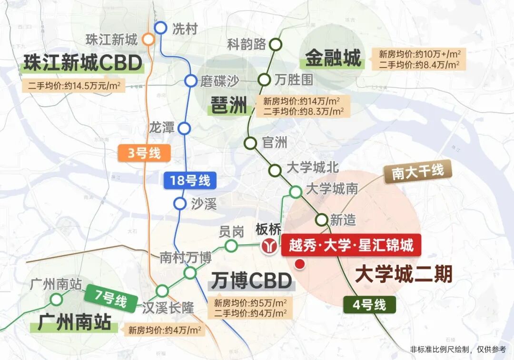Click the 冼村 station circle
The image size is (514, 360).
(160, 28)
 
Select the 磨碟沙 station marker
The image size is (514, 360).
(191, 81)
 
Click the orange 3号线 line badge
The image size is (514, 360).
(142, 154)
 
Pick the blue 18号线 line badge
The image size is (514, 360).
(190, 180)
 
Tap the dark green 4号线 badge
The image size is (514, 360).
(371, 304)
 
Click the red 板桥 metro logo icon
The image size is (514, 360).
(270, 246)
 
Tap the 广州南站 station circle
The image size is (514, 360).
(57, 300)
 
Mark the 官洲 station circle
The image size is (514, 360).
(250, 142)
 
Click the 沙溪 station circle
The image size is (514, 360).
(179, 204)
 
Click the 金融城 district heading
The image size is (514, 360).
(333, 59)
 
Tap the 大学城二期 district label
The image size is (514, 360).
(404, 275)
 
